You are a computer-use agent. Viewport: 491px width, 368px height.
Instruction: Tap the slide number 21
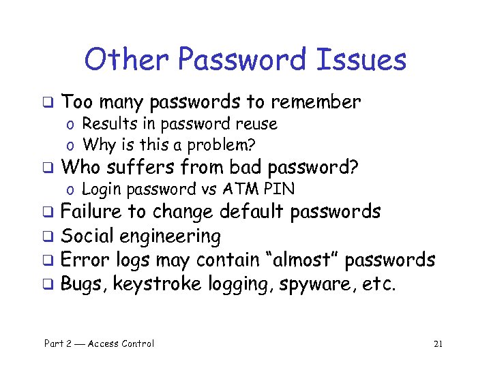(x=438, y=343)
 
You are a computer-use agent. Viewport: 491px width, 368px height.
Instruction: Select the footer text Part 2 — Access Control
(x=99, y=343)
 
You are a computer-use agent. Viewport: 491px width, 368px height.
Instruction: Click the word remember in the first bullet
(x=315, y=102)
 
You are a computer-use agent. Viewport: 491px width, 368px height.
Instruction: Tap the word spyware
(x=318, y=284)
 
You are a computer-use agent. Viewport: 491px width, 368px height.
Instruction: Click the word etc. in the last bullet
(x=379, y=284)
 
